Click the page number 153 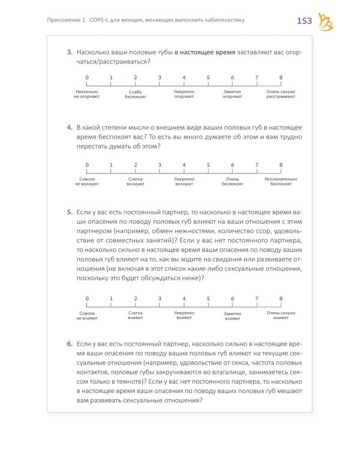(305, 22)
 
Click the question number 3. (70, 53)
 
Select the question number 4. (70, 128)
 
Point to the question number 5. (70, 212)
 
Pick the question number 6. (70, 344)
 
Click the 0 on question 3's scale (87, 77)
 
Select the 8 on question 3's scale (281, 77)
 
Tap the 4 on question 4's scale (184, 165)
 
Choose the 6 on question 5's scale (232, 298)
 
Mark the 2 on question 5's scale (136, 298)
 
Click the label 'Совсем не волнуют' (87, 182)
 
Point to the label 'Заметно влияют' (232, 316)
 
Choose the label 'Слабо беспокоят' (136, 94)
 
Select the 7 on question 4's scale (256, 165)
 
